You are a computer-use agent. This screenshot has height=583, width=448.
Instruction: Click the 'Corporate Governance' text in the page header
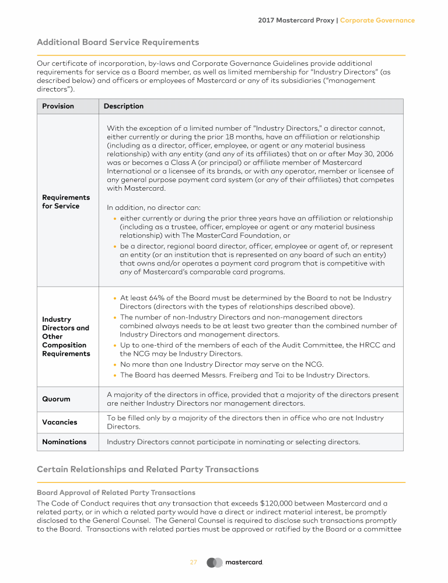click(x=377, y=20)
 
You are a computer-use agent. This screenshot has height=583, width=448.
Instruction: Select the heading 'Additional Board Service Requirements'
click(x=118, y=43)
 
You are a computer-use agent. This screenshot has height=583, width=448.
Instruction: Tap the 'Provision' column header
click(x=58, y=106)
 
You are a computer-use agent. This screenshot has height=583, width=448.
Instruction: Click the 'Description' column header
click(x=124, y=106)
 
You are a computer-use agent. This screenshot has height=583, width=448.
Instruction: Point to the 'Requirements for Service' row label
click(x=66, y=202)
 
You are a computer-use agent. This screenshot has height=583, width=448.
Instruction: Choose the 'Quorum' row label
click(x=56, y=399)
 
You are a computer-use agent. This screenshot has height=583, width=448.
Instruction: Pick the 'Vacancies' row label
click(x=60, y=422)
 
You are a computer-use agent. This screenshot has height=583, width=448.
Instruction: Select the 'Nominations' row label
click(x=64, y=442)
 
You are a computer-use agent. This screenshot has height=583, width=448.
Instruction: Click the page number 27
click(x=194, y=563)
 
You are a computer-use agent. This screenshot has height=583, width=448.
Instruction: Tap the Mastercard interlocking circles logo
click(x=215, y=563)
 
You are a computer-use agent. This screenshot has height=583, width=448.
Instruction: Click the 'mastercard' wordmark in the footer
click(x=244, y=563)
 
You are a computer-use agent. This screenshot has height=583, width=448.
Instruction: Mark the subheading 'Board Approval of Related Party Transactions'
click(x=116, y=493)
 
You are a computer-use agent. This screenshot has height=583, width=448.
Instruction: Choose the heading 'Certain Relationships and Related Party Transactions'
click(x=148, y=469)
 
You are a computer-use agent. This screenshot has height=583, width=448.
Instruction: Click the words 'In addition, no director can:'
click(x=154, y=208)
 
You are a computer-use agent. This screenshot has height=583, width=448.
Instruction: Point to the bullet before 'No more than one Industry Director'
click(x=115, y=365)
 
